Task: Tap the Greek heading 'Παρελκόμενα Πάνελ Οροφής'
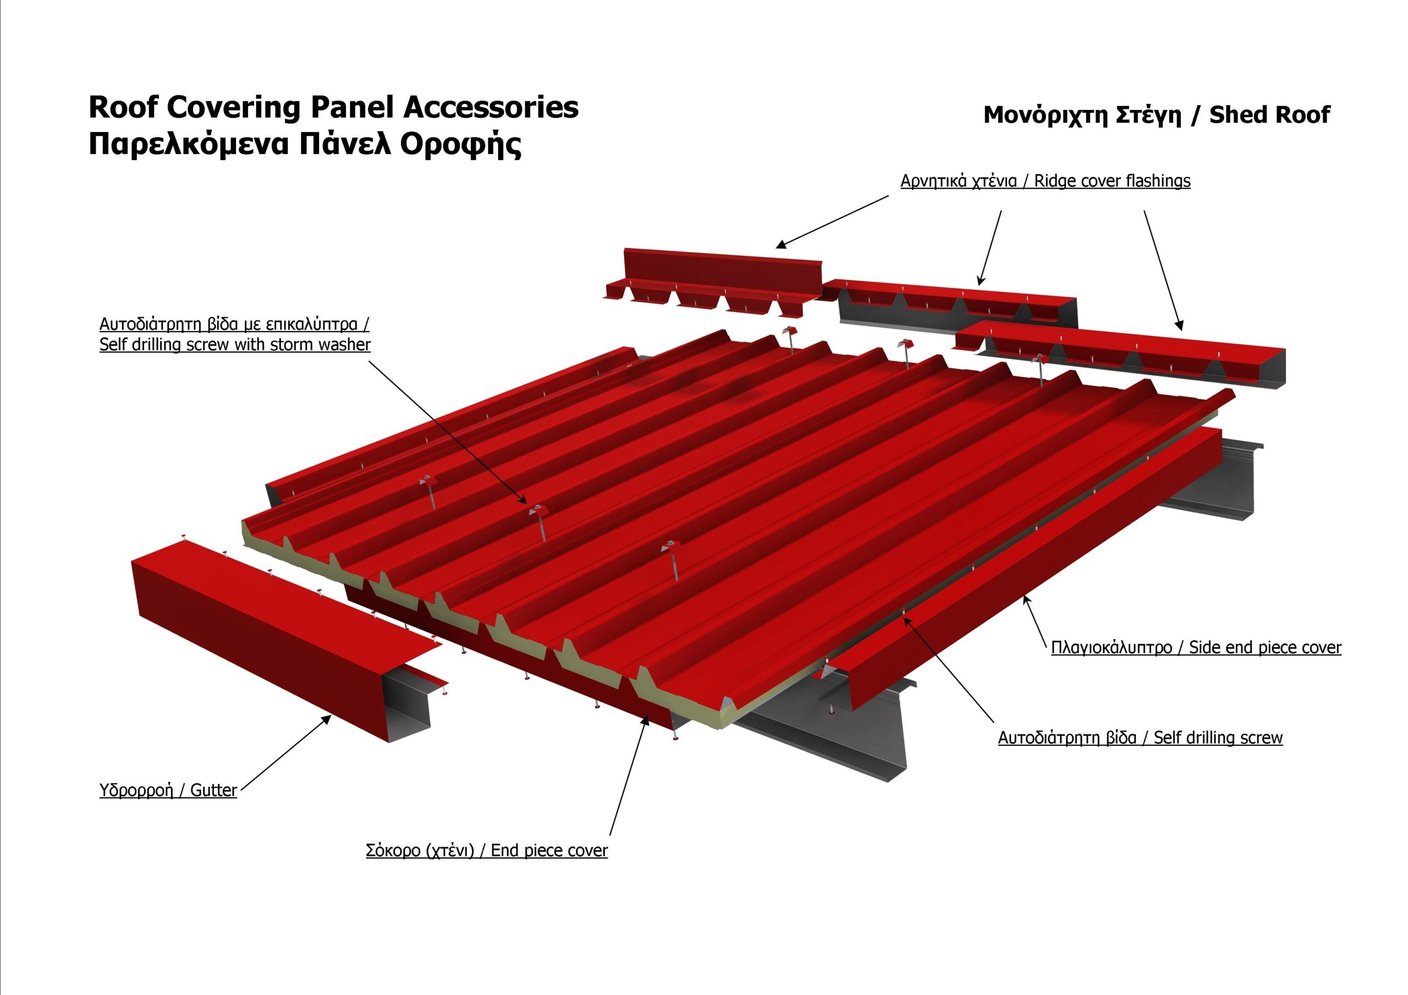click(305, 145)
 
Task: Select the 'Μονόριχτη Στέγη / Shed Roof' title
click(1157, 115)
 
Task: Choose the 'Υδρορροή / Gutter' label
click(168, 791)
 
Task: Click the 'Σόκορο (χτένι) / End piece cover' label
click(487, 850)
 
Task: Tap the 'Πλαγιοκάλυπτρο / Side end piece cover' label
click(1196, 648)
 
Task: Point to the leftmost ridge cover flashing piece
click(713, 283)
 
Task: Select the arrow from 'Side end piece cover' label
click(1033, 621)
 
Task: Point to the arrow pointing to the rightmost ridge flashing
click(1163, 271)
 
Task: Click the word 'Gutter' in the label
click(213, 791)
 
